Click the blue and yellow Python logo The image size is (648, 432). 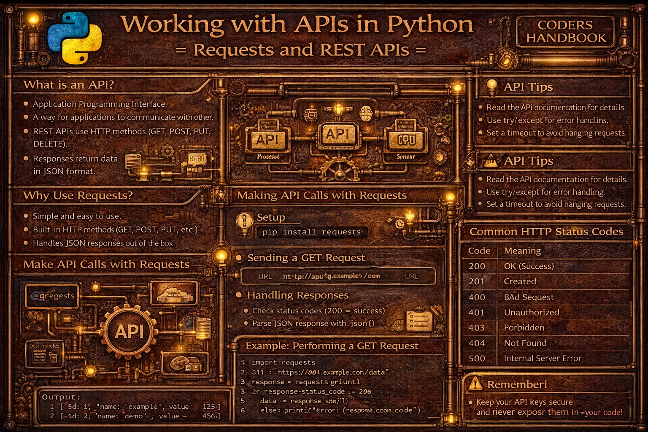[x=75, y=38]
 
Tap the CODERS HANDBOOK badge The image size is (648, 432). [x=566, y=32]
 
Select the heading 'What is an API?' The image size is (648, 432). [x=68, y=85]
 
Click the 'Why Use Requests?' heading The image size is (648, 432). [x=78, y=196]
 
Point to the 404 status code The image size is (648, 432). [x=477, y=343]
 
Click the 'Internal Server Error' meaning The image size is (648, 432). [x=543, y=359]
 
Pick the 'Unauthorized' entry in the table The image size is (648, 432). [x=532, y=313]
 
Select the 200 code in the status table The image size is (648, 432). [x=477, y=266]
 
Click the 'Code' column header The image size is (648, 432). [x=479, y=251]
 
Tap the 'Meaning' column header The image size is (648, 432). [x=522, y=251]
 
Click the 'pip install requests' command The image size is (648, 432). [x=311, y=232]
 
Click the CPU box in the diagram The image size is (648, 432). [x=407, y=140]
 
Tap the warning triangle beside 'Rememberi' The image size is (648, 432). [x=475, y=383]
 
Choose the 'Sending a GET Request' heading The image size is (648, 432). [x=306, y=258]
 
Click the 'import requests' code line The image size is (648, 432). [x=283, y=362]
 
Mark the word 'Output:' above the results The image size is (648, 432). [x=61, y=397]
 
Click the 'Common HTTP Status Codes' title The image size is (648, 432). [x=546, y=232]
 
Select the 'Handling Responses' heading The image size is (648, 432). [x=298, y=295]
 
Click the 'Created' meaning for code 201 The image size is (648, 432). [x=520, y=281]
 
